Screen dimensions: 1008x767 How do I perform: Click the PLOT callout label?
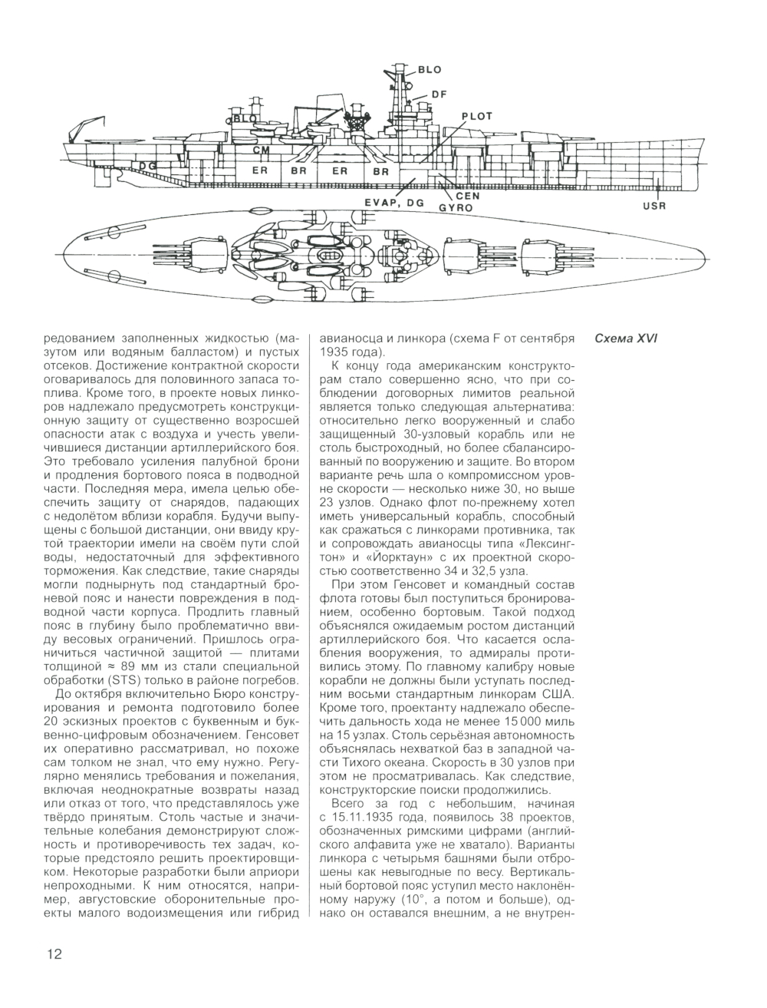(476, 116)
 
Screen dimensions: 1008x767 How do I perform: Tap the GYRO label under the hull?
(454, 207)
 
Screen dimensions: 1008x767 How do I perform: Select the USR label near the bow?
(655, 206)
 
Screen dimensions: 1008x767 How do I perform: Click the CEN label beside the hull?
(467, 196)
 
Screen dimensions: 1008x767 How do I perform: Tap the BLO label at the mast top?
(430, 70)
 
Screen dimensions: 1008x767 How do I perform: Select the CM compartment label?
(260, 149)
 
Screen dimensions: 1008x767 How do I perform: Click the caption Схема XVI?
(627, 339)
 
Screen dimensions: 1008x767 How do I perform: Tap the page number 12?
(53, 954)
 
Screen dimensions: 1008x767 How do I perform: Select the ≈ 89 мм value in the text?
(115, 667)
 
